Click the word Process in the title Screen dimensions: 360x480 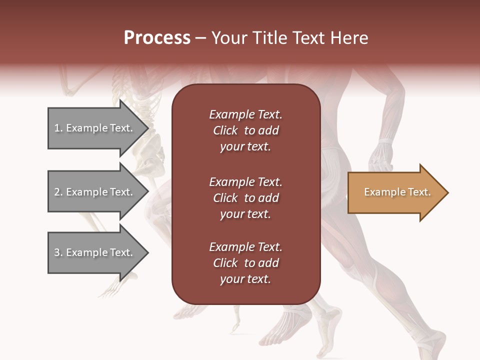pos(157,38)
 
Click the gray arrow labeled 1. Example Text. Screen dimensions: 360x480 pos(95,128)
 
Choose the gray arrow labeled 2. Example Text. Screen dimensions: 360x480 pos(95,192)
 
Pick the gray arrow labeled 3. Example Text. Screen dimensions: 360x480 pos(95,252)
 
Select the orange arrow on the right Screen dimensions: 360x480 pos(395,192)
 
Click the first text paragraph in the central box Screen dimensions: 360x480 pos(245,130)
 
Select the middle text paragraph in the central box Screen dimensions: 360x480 pos(245,197)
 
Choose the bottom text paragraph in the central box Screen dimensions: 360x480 pos(245,263)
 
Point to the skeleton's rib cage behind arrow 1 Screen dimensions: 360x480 pos(142,107)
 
